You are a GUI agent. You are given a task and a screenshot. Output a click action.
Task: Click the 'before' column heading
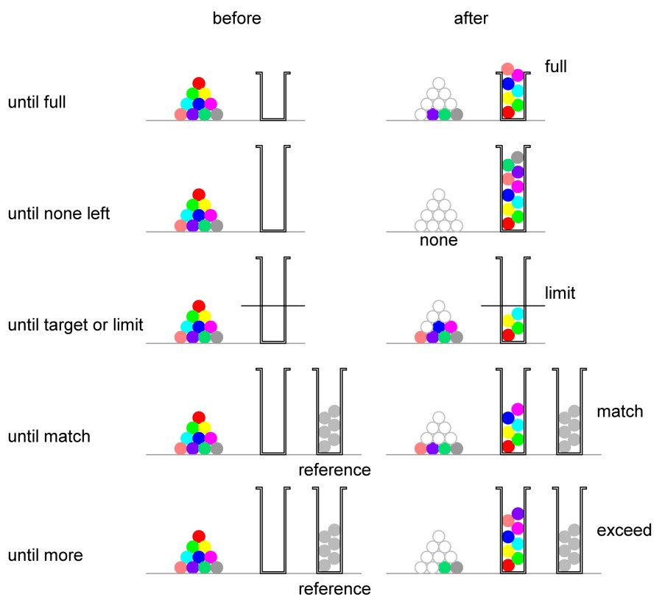(236, 19)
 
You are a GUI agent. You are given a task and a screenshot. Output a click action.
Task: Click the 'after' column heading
(471, 19)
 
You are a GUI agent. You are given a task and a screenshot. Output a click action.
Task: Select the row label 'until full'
(37, 102)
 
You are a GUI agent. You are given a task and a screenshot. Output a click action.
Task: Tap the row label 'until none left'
(59, 214)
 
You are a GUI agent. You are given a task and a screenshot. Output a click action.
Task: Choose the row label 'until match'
(49, 436)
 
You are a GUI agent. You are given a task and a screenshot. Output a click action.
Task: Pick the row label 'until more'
(45, 555)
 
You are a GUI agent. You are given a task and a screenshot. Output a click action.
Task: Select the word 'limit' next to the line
(560, 293)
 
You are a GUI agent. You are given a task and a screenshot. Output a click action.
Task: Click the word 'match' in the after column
(620, 411)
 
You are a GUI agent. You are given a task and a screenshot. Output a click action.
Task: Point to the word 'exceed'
(624, 530)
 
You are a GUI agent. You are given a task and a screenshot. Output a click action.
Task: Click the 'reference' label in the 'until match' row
(334, 470)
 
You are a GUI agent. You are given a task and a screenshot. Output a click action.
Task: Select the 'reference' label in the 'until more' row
(334, 589)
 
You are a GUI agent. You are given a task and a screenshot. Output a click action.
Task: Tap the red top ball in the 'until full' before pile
(199, 83)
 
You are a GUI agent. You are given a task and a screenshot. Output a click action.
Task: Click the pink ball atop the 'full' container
(507, 68)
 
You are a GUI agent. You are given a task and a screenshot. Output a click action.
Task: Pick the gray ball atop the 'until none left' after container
(518, 157)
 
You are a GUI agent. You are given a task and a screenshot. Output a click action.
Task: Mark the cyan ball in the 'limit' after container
(518, 313)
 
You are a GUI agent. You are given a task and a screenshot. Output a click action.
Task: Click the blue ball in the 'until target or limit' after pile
(439, 326)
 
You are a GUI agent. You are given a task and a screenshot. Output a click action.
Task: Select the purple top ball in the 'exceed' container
(518, 513)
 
